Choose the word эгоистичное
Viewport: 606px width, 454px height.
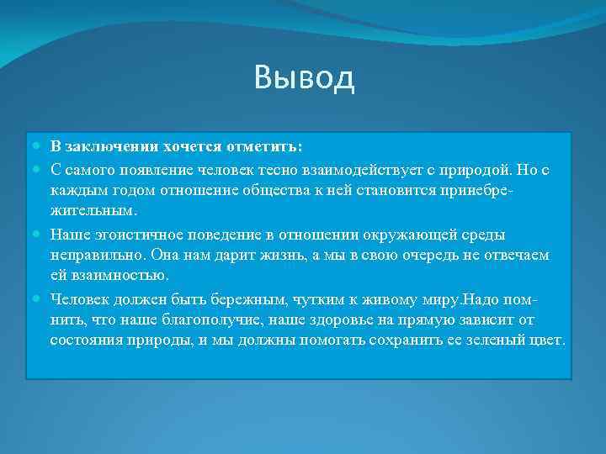129,234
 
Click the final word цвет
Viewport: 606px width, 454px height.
547,340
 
